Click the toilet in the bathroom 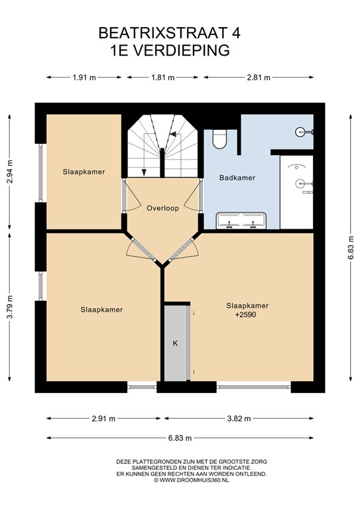pyautogui.click(x=219, y=139)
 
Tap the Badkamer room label pyautogui.click(x=237, y=178)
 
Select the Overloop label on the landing pyautogui.click(x=162, y=208)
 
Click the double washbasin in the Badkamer pyautogui.click(x=241, y=221)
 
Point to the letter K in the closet pyautogui.click(x=175, y=343)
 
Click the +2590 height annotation pyautogui.click(x=245, y=315)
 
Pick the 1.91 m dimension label pyautogui.click(x=84, y=78)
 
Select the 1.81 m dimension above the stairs pyautogui.click(x=163, y=78)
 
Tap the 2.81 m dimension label pyautogui.click(x=259, y=78)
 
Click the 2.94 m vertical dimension pyautogui.click(x=10, y=172)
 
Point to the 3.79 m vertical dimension pyautogui.click(x=10, y=307)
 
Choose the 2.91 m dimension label pyautogui.click(x=103, y=418)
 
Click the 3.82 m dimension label pyautogui.click(x=239, y=418)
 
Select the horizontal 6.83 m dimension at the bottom pyautogui.click(x=180, y=438)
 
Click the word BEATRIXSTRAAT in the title pyautogui.click(x=162, y=32)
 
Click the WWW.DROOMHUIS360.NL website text pyautogui.click(x=194, y=480)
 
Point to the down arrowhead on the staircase pyautogui.click(x=144, y=172)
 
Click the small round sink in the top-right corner pyautogui.click(x=300, y=132)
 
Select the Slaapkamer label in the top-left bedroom pyautogui.click(x=84, y=172)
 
